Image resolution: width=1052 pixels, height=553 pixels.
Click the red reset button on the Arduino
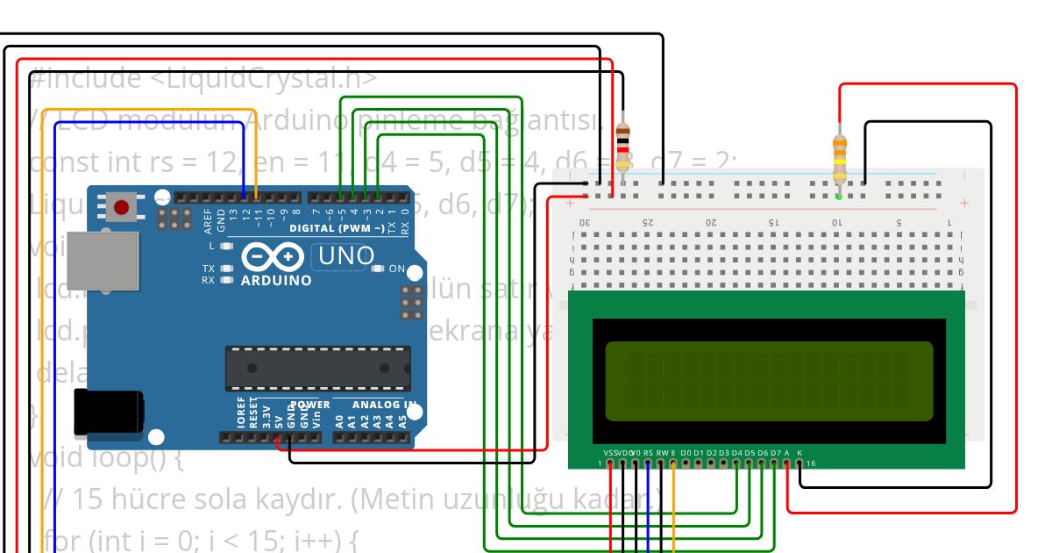[x=121, y=208]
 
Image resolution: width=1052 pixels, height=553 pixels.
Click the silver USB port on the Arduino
[x=103, y=261]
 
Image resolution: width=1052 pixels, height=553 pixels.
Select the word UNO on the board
[x=346, y=256]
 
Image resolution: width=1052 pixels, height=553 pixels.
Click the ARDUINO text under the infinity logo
[x=275, y=281]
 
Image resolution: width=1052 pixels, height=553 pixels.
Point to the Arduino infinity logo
[x=274, y=256]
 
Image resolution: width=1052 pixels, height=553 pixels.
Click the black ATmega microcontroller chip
[x=317, y=368]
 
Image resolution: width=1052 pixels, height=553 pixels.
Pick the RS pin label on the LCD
[x=648, y=453]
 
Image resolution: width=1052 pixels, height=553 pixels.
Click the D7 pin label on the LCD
[x=775, y=453]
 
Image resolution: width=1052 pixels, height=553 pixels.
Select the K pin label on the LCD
[x=800, y=453]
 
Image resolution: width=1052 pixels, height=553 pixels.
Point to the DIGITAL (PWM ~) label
[x=337, y=228]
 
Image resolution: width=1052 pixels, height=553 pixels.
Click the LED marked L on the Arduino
[x=226, y=247]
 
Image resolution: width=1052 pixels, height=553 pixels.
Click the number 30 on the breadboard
[x=586, y=222]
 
